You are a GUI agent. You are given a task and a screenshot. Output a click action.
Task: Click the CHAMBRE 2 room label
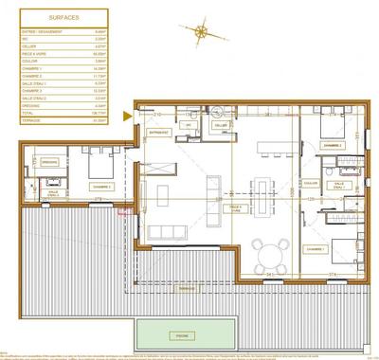pyautogui.click(x=332, y=145)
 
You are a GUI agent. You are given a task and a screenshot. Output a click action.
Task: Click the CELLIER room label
pyautogui.click(x=221, y=126)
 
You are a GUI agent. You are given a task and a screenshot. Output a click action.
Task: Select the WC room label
pyautogui.click(x=190, y=126)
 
